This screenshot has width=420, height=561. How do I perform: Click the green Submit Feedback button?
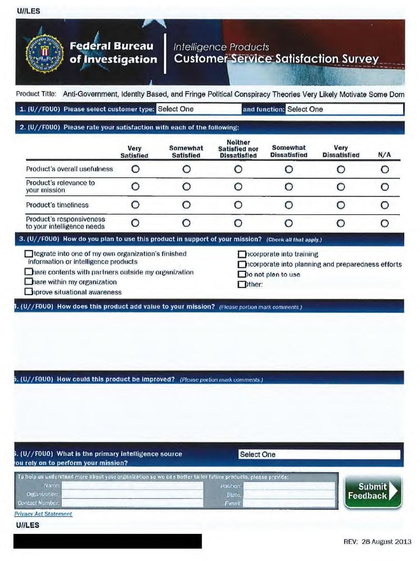pos(373,491)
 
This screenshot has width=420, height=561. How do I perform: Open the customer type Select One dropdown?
pos(198,109)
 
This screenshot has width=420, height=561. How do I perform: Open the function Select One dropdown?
pos(344,109)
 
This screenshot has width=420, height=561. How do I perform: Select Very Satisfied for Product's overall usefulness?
pos(135,169)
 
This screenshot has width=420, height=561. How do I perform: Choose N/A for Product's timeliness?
pos(384,205)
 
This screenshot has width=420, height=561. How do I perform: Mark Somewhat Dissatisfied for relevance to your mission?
pos(288,187)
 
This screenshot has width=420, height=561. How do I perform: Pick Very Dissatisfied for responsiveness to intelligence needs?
pos(341,223)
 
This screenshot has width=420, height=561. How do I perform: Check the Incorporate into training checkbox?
pos(242,255)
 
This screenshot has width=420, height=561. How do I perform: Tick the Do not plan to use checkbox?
pos(242,275)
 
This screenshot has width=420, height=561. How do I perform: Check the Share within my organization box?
pos(28,282)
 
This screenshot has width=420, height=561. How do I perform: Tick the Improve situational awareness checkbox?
pos(28,292)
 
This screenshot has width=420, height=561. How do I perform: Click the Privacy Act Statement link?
pos(43,514)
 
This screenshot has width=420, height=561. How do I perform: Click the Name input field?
pos(132,486)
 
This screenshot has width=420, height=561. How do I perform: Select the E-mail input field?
pos(289,503)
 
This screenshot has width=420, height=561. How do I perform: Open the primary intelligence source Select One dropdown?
pos(319,454)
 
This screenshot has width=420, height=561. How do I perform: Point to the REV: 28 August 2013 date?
pos(377,542)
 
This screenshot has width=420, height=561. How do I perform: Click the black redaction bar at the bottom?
pos(108,541)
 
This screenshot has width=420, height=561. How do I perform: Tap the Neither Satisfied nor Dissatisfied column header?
pos(238,149)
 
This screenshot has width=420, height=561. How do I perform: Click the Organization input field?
pos(132,494)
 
